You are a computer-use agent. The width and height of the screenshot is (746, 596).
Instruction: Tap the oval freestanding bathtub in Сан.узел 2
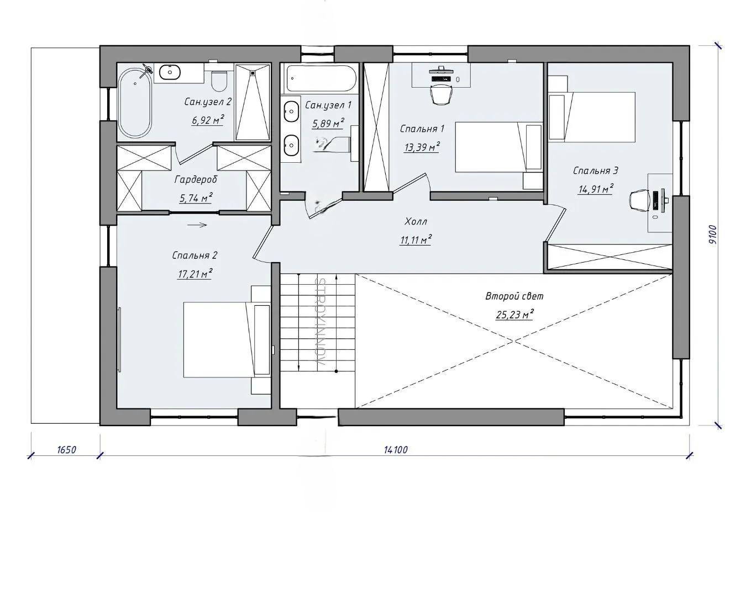135,103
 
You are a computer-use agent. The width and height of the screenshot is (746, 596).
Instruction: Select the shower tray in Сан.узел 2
253,102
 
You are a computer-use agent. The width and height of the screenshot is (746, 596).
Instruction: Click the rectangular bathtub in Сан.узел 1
321,78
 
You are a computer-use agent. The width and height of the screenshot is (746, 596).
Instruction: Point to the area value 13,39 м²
422,147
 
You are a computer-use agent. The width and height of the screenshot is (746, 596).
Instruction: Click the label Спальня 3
595,171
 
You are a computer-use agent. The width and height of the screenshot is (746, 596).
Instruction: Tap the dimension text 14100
396,450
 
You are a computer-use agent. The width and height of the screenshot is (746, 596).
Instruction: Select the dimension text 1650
66,450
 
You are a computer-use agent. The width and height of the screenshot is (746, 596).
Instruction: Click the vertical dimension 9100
712,235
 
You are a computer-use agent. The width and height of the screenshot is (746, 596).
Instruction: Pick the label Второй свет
514,296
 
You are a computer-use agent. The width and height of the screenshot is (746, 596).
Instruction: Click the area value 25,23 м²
514,315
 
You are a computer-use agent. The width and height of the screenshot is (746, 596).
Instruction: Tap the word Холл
416,221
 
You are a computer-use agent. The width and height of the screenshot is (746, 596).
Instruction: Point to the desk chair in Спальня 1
442,94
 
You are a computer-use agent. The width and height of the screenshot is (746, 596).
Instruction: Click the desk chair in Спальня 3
639,201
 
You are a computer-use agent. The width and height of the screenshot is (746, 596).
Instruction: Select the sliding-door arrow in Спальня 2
197,225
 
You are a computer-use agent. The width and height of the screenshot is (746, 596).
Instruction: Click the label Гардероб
196,180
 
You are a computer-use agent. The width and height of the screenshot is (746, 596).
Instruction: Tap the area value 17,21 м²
195,274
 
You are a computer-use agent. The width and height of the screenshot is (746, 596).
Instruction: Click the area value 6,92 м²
208,120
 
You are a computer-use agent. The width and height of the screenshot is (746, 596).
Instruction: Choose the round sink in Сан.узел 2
170,72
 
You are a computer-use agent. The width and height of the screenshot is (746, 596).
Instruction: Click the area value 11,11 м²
416,240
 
